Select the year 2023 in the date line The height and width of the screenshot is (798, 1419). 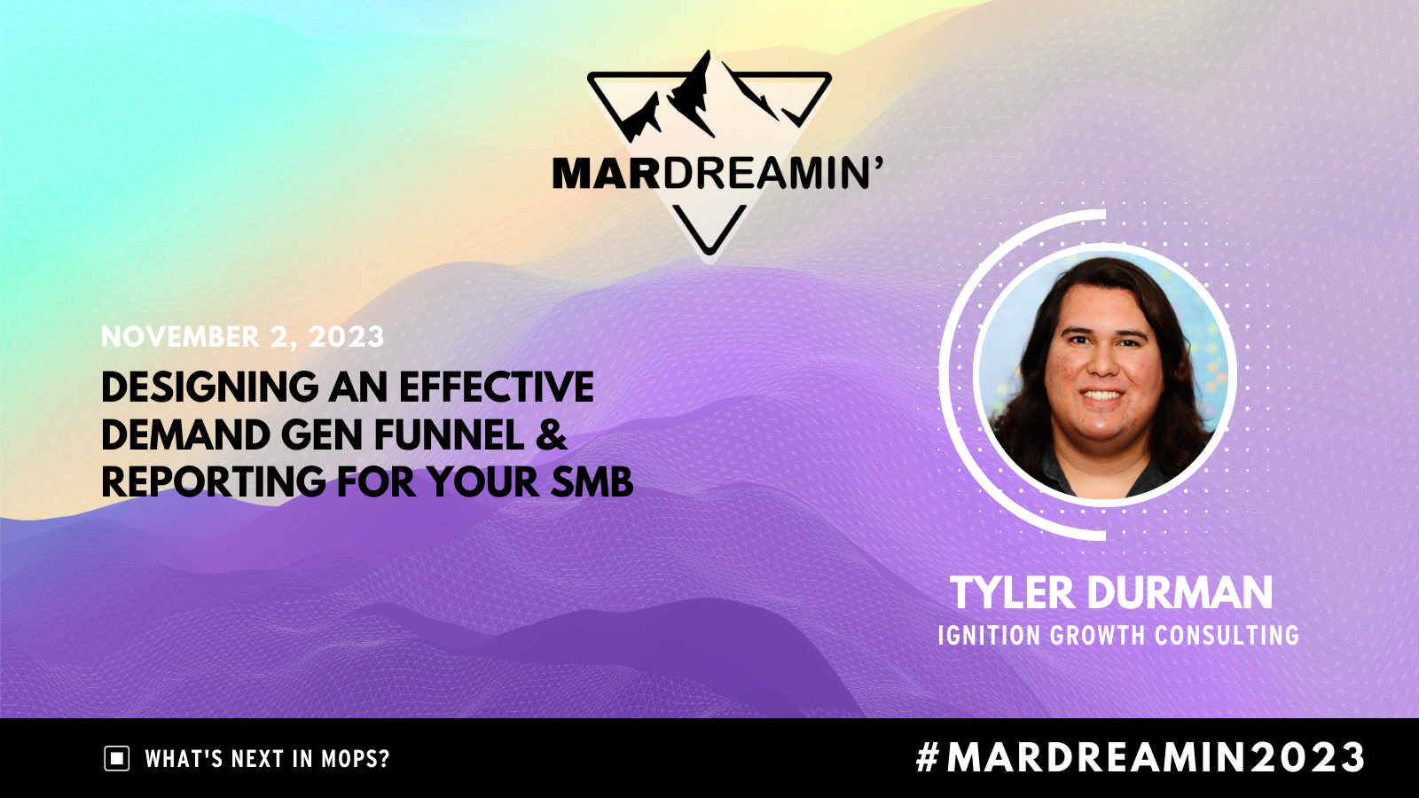point(346,336)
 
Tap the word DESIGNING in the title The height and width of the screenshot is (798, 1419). point(209,387)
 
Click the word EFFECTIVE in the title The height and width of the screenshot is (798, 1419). point(497,387)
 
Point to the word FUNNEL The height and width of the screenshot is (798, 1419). point(449,435)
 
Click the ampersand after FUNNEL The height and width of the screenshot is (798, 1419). point(551,435)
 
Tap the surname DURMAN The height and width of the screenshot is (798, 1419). point(1180,593)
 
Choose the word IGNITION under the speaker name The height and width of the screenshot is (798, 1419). point(989,635)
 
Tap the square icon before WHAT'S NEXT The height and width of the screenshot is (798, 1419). point(116,758)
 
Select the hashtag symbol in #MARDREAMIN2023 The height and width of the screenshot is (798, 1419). point(928,757)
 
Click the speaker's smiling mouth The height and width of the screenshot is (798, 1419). point(1101,395)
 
